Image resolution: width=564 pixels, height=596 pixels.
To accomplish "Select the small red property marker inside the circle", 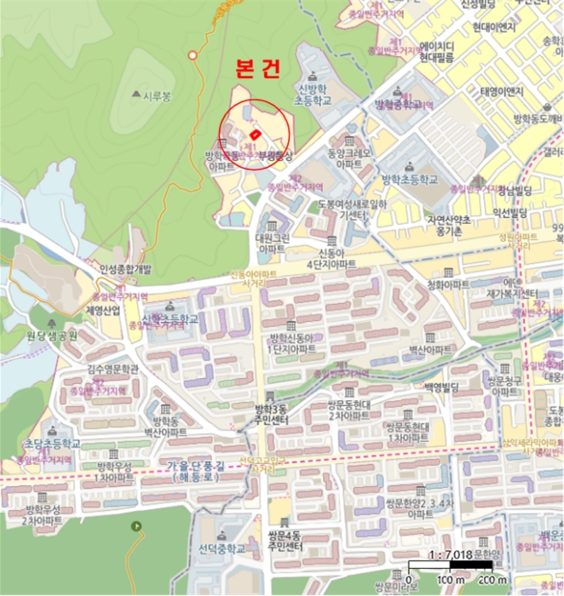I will [254, 136].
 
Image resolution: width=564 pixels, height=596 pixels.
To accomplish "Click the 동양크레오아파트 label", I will [340, 158].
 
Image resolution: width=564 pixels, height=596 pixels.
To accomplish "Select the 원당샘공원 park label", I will [52, 335].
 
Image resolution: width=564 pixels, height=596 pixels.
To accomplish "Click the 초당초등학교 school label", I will [52, 444].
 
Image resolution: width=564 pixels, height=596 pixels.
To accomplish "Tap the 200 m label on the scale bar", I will [491, 580].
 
